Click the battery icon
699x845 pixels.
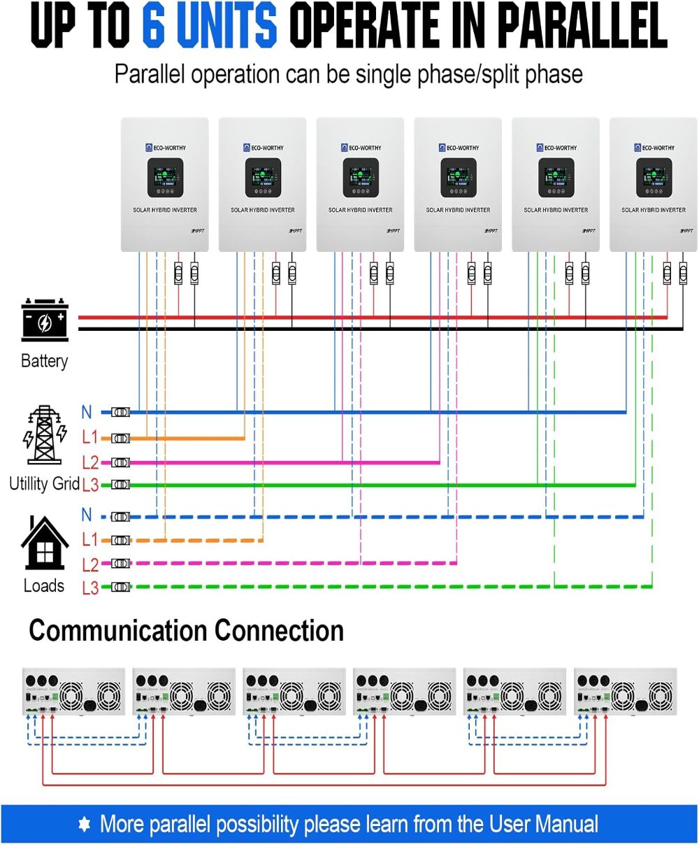pyautogui.click(x=45, y=320)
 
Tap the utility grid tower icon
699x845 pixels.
pyautogui.click(x=45, y=434)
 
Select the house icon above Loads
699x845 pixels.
pyautogui.click(x=45, y=544)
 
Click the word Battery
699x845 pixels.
pyautogui.click(x=45, y=361)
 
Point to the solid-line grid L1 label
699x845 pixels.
pyautogui.click(x=89, y=438)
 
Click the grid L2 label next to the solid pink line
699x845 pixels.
pyautogui.click(x=90, y=462)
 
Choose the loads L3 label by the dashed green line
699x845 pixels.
pyautogui.click(x=90, y=588)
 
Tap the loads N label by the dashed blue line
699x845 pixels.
pyautogui.click(x=87, y=516)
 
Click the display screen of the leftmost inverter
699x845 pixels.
pyautogui.click(x=165, y=178)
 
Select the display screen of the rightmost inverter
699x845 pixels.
pyautogui.click(x=654, y=178)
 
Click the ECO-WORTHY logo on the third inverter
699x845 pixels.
pyautogui.click(x=361, y=148)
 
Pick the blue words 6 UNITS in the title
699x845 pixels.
pyautogui.click(x=210, y=26)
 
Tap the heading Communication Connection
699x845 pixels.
pyautogui.click(x=186, y=631)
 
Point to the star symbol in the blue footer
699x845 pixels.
pyautogui.click(x=85, y=824)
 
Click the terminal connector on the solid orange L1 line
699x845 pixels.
pyautogui.click(x=121, y=439)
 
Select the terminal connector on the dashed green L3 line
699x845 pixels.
pyautogui.click(x=121, y=587)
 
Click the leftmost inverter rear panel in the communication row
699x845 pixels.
pyautogui.click(x=73, y=691)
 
